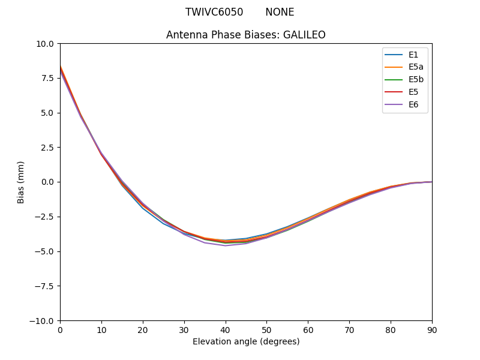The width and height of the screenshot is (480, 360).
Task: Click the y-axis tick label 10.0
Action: point(45,44)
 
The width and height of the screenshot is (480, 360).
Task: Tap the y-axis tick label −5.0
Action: point(45,251)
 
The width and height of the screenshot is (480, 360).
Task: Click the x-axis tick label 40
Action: point(225,330)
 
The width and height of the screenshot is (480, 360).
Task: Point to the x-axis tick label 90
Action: point(432,330)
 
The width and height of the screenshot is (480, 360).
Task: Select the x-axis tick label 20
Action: point(143,330)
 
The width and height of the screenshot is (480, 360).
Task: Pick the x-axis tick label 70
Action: point(349,330)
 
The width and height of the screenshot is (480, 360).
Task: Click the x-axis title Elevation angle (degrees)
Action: point(246,342)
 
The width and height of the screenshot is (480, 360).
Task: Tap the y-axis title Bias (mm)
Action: point(21,182)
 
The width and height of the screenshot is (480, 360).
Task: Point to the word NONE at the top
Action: point(280,12)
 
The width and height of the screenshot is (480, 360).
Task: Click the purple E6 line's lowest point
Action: point(225,245)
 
